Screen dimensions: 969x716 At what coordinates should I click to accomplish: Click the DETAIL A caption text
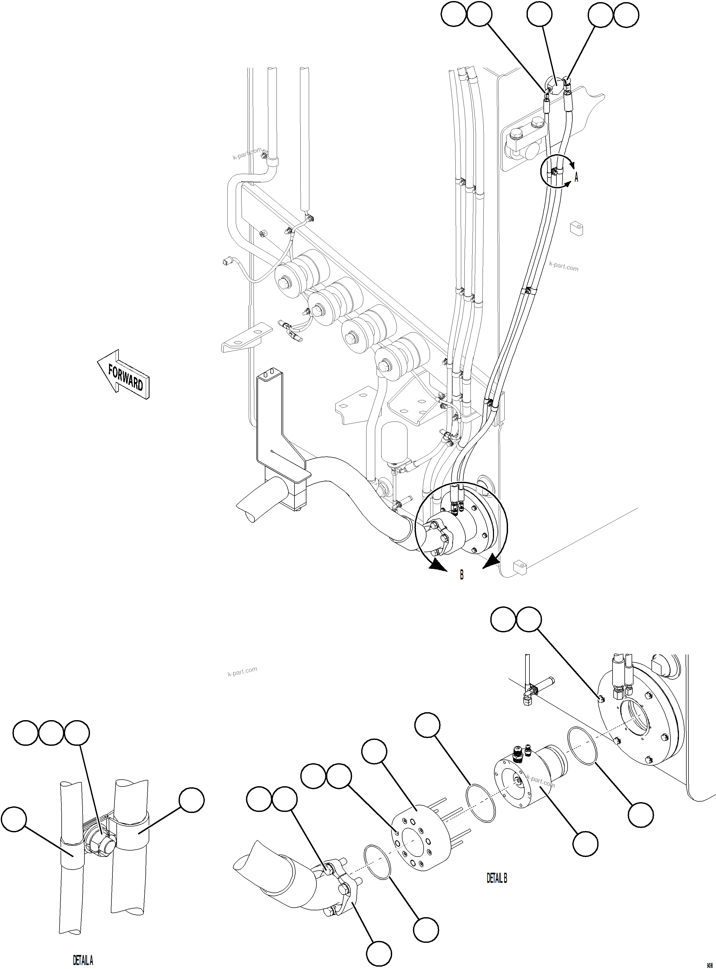pos(83,960)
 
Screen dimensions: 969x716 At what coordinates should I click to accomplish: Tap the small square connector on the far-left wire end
pos(224,261)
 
